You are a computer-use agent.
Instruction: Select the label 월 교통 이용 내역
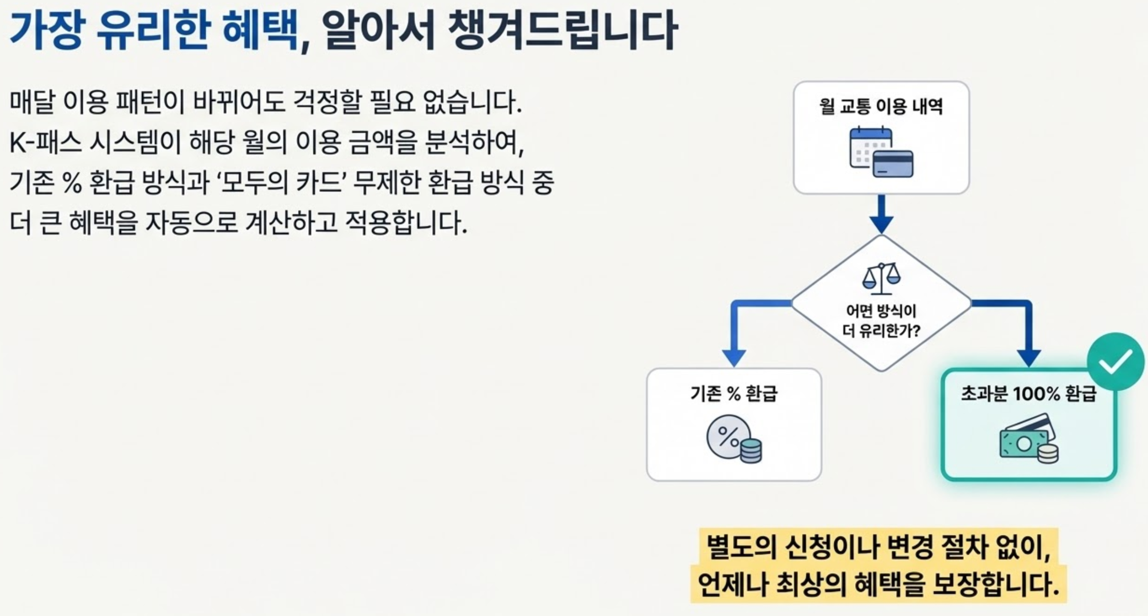(x=881, y=107)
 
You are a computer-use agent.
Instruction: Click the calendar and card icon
(x=881, y=153)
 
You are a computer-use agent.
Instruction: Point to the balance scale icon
(x=881, y=278)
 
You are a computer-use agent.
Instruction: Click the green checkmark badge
(x=1115, y=362)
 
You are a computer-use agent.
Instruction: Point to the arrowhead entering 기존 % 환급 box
(x=734, y=358)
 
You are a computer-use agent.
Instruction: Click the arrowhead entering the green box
(x=1028, y=358)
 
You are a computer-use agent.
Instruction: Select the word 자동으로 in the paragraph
(x=192, y=223)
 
